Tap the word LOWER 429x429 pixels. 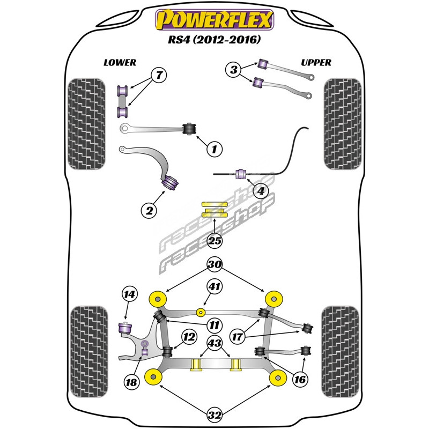120,62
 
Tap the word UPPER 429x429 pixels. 316,62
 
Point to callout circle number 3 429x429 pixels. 233,70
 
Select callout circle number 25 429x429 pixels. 214,241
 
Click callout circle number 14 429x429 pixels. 130,294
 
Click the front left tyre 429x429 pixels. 86,123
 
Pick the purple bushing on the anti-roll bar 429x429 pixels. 241,174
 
